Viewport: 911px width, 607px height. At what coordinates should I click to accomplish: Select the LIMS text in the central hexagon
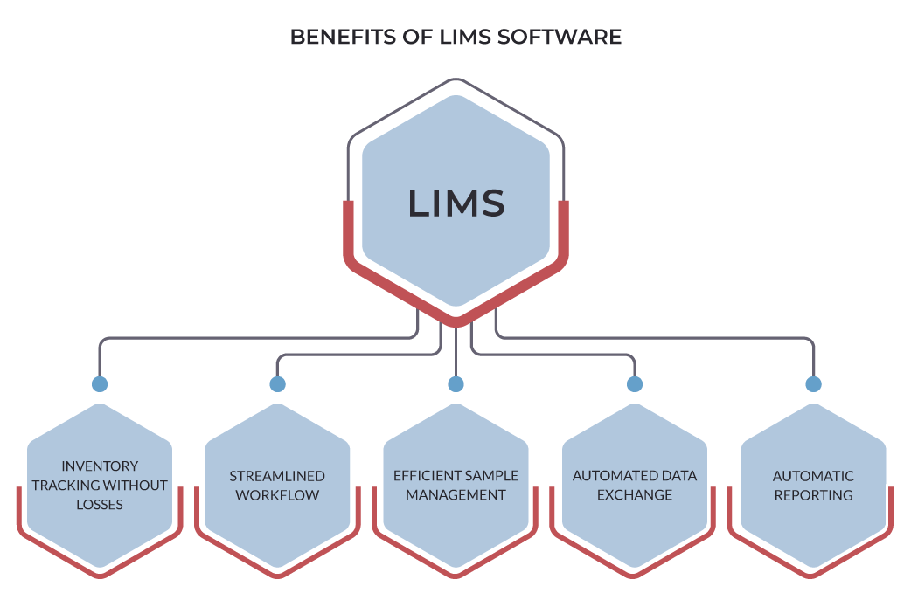[x=456, y=203]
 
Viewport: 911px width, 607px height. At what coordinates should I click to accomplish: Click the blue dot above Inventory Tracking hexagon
[x=100, y=384]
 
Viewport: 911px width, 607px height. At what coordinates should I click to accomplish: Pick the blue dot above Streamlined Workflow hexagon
[x=278, y=384]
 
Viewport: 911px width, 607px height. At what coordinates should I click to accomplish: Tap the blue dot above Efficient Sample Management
[x=455, y=384]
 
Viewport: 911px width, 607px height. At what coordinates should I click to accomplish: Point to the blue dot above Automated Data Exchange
[x=635, y=384]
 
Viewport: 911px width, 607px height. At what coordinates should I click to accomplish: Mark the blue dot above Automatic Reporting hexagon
[x=813, y=384]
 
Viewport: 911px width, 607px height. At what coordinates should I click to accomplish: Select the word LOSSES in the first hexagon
[x=100, y=504]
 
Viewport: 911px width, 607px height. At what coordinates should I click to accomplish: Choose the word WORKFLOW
[x=277, y=495]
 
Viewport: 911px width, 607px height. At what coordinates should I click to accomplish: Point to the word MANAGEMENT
[x=455, y=495]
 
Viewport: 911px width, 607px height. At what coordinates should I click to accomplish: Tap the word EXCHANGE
[x=635, y=495]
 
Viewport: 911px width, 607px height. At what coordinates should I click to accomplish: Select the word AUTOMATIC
[x=813, y=476]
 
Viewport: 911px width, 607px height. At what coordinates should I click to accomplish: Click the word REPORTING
[x=813, y=495]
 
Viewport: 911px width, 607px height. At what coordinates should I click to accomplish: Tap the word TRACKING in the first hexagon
[x=65, y=486]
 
